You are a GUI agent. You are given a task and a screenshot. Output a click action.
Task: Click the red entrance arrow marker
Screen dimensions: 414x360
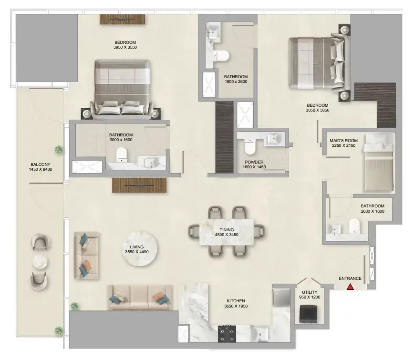tap(350, 287)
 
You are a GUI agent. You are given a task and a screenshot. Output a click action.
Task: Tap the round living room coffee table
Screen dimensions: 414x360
tap(139, 248)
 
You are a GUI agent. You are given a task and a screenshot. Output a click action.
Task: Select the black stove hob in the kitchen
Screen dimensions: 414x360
tap(227, 334)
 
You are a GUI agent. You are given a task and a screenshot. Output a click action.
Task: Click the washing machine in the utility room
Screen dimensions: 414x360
tap(309, 314)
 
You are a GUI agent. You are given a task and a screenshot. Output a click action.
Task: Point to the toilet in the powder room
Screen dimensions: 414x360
tap(249, 147)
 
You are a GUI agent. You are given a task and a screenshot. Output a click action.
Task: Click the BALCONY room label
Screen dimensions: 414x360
tap(41, 165)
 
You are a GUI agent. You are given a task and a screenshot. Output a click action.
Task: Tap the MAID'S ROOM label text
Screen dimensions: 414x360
tap(343, 141)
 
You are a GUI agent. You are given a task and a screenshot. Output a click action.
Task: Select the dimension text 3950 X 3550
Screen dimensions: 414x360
tap(125, 48)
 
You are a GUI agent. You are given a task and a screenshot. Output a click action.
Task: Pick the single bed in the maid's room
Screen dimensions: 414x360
tap(379, 162)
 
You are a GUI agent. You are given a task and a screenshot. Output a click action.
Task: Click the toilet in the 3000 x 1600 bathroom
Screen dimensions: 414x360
tap(122, 154)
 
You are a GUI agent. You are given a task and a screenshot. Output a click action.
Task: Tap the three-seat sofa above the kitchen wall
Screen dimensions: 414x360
tap(140, 297)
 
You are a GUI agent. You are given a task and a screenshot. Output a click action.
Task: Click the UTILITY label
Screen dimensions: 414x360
tap(310, 292)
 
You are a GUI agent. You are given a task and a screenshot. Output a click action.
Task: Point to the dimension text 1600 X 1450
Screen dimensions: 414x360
tap(254, 167)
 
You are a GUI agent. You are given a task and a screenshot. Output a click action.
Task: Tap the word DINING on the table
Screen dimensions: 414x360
tap(227, 230)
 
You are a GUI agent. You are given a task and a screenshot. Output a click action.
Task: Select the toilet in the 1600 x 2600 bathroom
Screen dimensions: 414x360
tap(221, 55)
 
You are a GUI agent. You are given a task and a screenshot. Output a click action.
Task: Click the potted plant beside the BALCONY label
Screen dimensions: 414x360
tap(58, 150)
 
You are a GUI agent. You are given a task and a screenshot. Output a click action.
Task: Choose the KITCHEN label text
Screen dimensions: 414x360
tap(236, 301)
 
